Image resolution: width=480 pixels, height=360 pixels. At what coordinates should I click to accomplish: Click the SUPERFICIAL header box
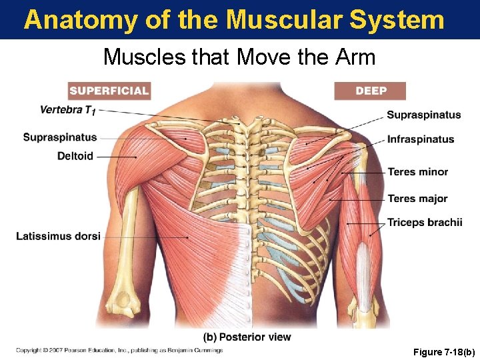click(109, 91)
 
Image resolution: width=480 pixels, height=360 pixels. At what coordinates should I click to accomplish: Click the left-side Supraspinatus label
click(60, 137)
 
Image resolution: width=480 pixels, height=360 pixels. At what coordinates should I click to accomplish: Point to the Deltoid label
click(75, 156)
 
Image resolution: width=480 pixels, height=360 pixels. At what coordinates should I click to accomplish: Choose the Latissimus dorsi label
click(58, 236)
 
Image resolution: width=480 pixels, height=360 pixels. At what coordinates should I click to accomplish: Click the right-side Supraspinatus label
click(423, 115)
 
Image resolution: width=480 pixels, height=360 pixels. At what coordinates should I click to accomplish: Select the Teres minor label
click(417, 172)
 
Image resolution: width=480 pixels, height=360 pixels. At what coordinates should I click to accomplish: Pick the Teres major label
click(417, 199)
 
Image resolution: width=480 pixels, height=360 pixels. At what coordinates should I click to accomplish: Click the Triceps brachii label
click(424, 223)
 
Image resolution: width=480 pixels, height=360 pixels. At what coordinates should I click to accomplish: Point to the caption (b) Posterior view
click(247, 337)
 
